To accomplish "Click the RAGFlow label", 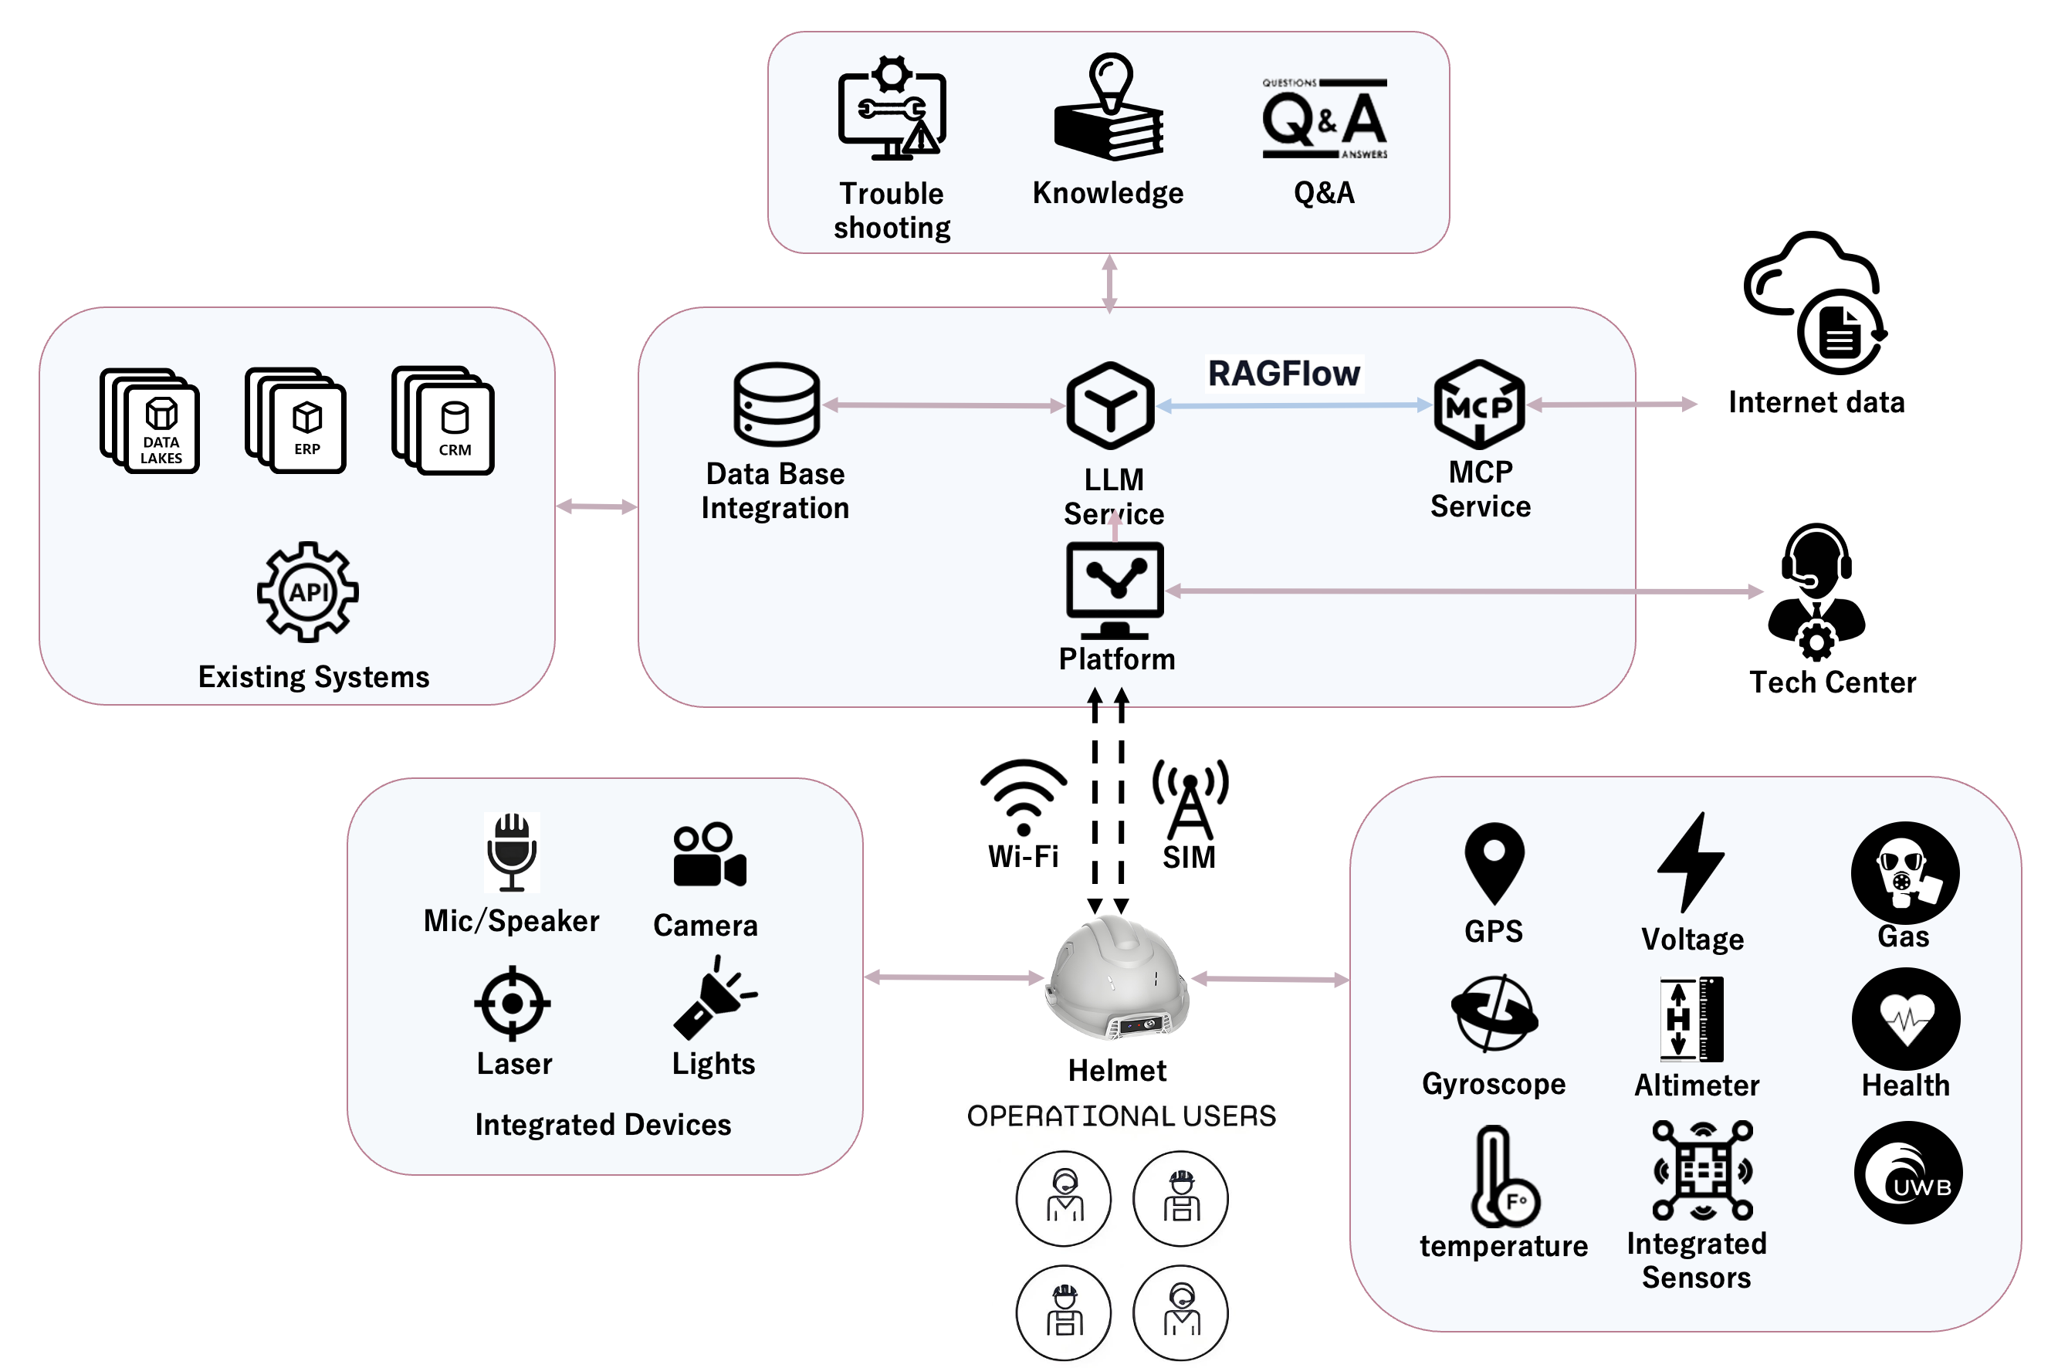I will (1282, 374).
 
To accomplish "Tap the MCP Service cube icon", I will (1479, 405).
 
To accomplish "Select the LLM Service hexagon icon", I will (1110, 405).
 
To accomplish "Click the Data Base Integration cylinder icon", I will (776, 404).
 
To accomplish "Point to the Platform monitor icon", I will (1114, 589).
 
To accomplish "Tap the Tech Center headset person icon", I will (1816, 592).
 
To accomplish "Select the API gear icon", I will (307, 592).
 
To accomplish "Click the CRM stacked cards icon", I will (443, 421).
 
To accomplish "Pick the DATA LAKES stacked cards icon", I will (150, 421).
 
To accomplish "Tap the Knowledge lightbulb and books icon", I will (1108, 109).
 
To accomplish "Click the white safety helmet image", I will (1117, 979).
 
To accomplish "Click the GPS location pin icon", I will (1494, 862).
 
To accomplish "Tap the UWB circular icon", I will (1908, 1173).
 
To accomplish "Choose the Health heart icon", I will (1905, 1019).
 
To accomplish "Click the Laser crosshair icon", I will (512, 1004).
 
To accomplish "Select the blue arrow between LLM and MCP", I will (1293, 405).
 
